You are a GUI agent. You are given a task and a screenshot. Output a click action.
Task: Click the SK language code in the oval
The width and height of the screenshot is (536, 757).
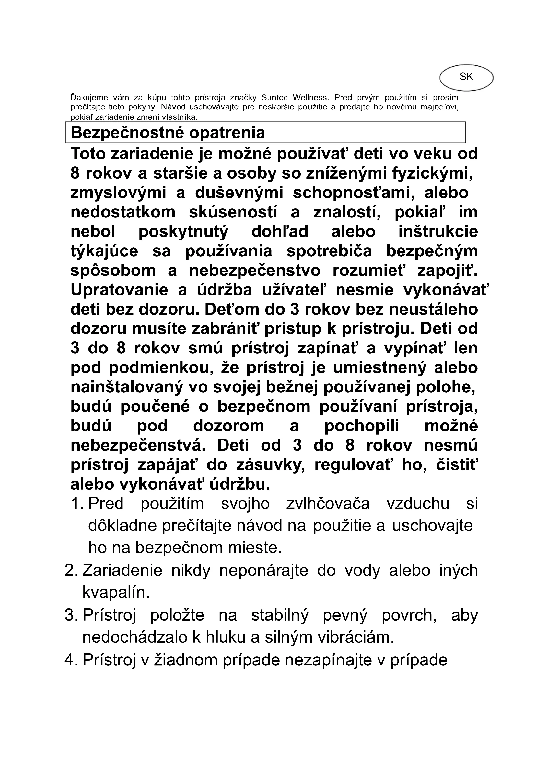click(x=466, y=77)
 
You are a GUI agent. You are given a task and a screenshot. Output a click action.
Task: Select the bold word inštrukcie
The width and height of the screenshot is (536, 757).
click(x=438, y=231)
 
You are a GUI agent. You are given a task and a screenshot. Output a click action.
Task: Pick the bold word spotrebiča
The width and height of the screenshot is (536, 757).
click(x=329, y=251)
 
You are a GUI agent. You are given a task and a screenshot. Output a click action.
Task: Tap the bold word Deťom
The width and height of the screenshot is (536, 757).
click(x=226, y=309)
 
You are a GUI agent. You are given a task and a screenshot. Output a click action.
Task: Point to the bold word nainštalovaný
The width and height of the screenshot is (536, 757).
click(x=127, y=387)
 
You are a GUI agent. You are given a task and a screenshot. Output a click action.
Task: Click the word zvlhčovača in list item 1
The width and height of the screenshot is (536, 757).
click(x=328, y=504)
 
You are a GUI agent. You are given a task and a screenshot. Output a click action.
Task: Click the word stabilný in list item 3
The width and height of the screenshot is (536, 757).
click(x=280, y=615)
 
